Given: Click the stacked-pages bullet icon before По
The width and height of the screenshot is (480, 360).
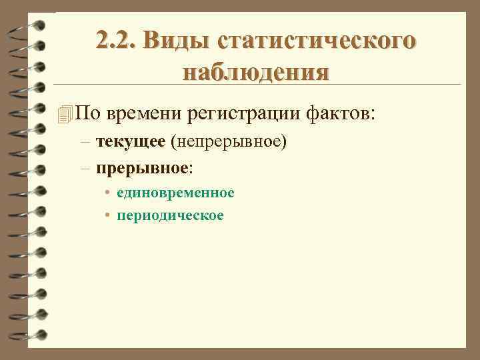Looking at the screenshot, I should (64, 114).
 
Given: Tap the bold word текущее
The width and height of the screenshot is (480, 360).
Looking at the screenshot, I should (131, 142).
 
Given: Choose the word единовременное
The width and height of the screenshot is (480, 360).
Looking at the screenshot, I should (175, 193).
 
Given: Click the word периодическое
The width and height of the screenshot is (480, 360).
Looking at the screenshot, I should (170, 216).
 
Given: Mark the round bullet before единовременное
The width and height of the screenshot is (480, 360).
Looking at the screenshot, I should (107, 193).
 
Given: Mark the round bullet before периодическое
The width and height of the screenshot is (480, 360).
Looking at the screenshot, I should (107, 216).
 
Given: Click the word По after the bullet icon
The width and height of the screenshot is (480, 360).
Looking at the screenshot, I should (88, 114).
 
